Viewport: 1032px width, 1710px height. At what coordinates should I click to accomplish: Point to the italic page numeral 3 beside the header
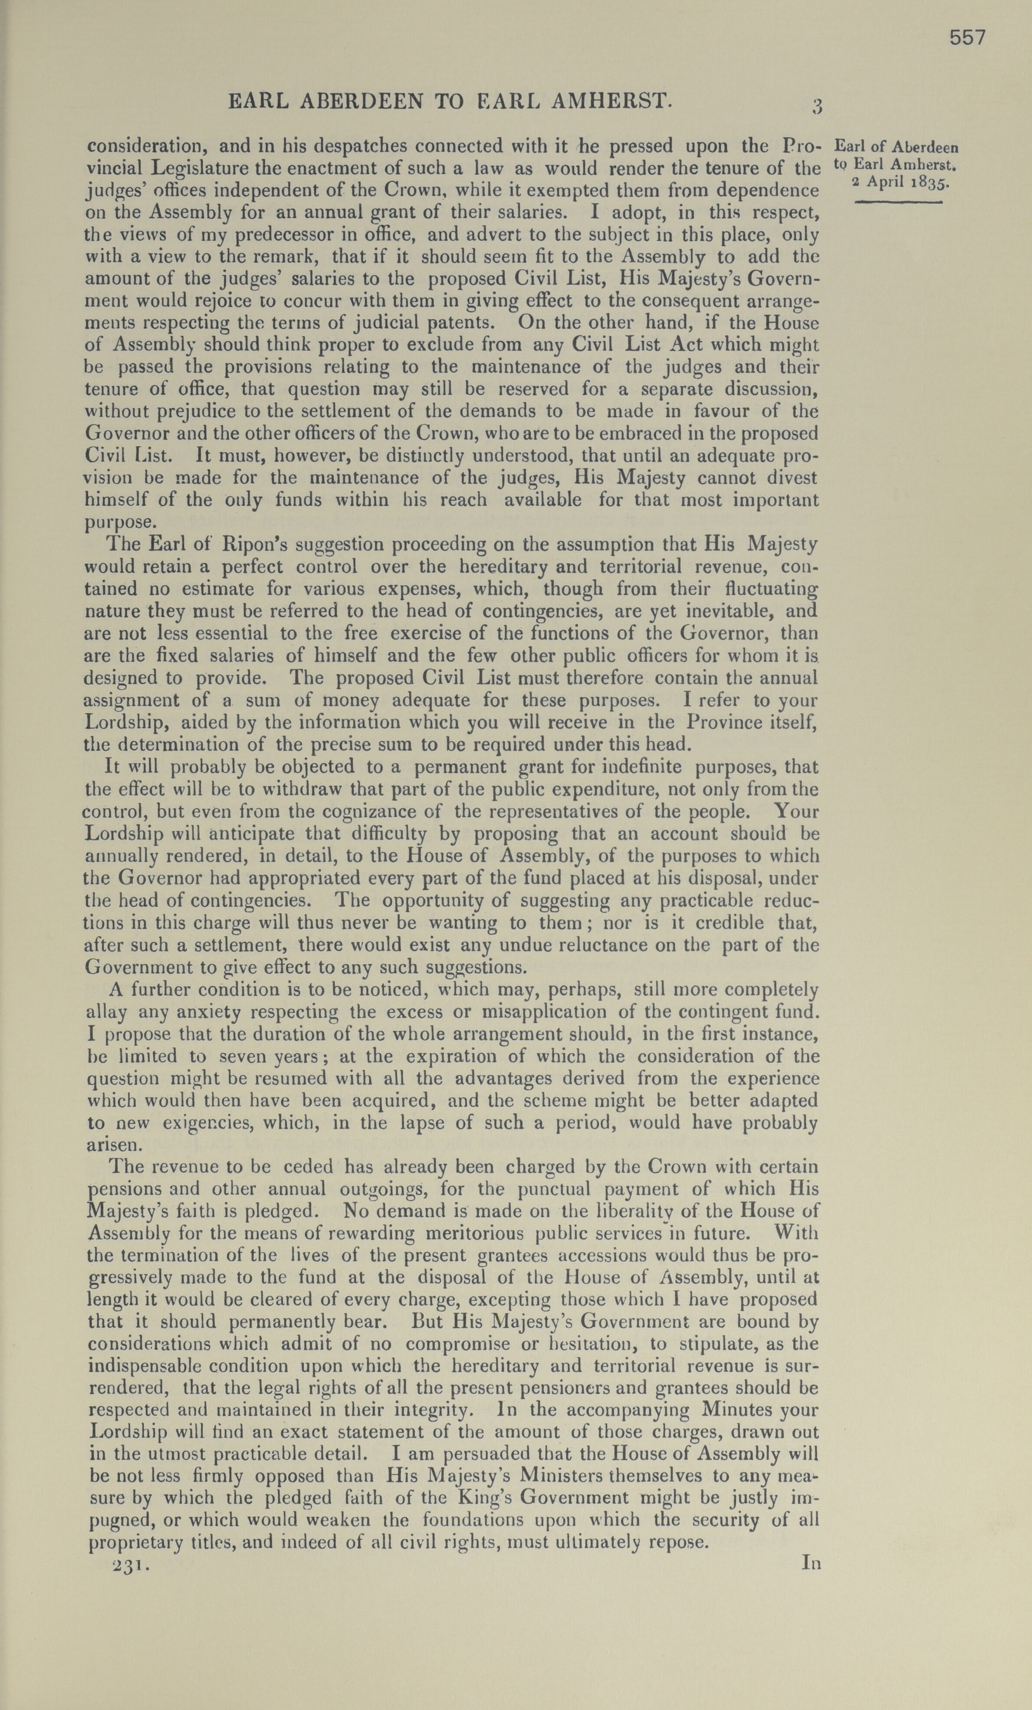point(817,106)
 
